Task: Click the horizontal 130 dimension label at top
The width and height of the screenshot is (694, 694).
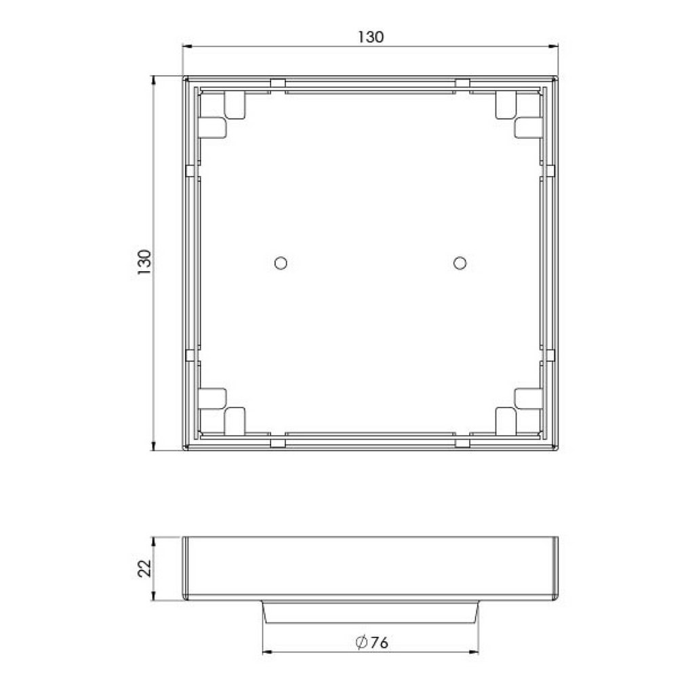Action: [x=371, y=37]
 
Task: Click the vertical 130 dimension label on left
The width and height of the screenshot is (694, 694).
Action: [x=144, y=262]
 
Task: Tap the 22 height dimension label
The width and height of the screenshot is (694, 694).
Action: [x=144, y=568]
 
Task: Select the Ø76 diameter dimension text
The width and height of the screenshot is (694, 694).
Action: [x=371, y=642]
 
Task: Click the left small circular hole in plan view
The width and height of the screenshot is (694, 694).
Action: [x=279, y=262]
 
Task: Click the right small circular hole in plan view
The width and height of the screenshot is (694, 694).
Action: [x=460, y=262]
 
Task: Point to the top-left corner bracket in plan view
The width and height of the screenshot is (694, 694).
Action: [x=222, y=115]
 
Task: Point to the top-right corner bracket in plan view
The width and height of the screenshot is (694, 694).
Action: [x=518, y=115]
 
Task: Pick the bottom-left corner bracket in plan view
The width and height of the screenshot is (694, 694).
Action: [x=222, y=410]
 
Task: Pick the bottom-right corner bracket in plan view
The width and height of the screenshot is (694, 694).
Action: [x=518, y=410]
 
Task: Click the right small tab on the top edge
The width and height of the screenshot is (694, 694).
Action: [x=462, y=83]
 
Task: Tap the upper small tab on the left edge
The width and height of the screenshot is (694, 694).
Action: [x=190, y=169]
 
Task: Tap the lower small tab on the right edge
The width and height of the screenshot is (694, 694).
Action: [x=550, y=355]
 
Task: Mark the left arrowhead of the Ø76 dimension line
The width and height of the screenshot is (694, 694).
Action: [x=266, y=653]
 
